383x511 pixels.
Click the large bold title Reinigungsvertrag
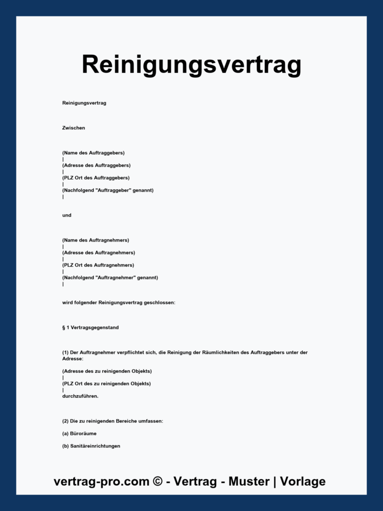(x=191, y=65)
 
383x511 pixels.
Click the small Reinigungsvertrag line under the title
(x=84, y=103)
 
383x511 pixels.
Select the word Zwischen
(x=74, y=128)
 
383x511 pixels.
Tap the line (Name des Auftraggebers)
(x=93, y=153)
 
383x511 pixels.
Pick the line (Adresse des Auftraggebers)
(x=96, y=165)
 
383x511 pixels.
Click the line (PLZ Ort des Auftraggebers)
(x=96, y=178)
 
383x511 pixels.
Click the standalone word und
(x=67, y=215)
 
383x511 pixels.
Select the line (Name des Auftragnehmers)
(x=96, y=240)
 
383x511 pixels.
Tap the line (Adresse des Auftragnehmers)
(x=99, y=253)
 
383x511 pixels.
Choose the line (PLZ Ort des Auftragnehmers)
(x=98, y=265)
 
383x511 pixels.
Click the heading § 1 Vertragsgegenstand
(x=90, y=327)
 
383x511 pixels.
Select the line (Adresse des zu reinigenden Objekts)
(x=107, y=371)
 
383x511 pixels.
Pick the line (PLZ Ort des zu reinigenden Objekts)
(x=106, y=384)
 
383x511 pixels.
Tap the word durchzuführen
(x=80, y=396)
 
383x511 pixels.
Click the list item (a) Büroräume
(x=79, y=434)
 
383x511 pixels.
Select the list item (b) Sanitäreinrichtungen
(x=91, y=446)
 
